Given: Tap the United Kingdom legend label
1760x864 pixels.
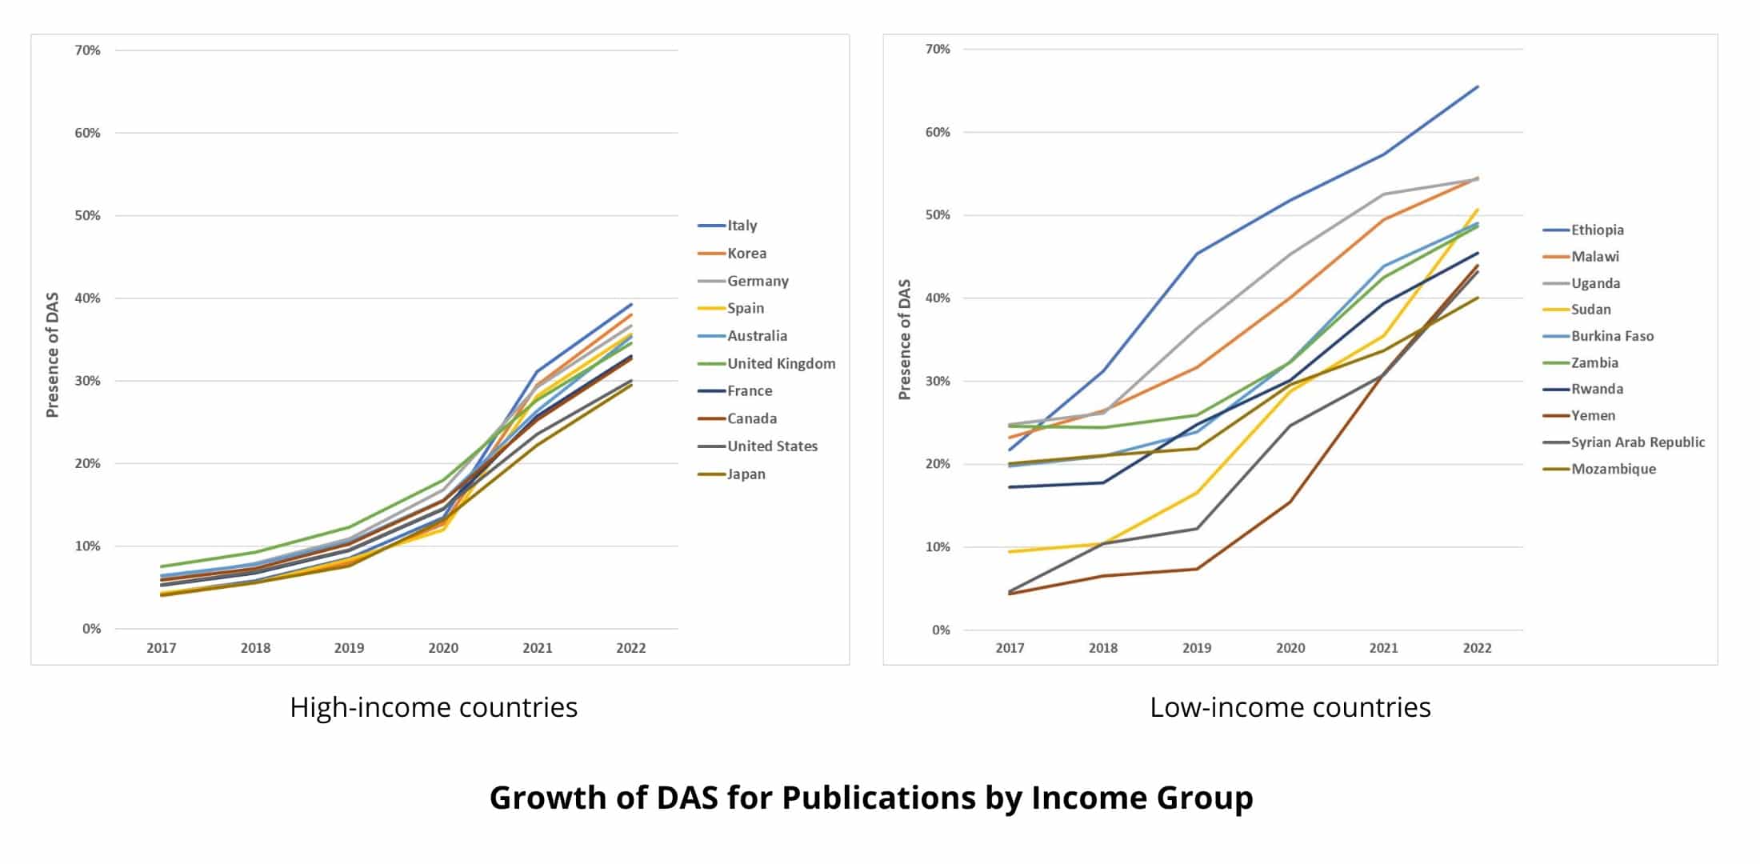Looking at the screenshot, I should (781, 363).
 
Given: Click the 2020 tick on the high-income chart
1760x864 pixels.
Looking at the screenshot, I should (443, 648).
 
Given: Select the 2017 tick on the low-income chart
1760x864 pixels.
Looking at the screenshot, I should (1010, 648).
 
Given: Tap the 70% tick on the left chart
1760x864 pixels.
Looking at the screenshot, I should (88, 50).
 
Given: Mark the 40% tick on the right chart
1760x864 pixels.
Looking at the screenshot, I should (937, 298).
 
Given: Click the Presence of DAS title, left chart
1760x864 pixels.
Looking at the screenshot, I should (53, 354).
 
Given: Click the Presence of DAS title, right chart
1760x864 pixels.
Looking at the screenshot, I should (905, 339).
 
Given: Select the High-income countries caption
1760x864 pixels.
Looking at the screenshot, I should (434, 707).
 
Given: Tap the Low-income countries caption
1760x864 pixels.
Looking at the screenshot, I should (1290, 707).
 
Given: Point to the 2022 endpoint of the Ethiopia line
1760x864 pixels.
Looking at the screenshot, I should (1477, 86).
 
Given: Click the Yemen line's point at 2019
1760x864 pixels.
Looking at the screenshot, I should (1197, 569).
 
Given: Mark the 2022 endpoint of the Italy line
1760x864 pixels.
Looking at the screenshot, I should (631, 304).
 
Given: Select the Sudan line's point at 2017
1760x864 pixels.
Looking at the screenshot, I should (1010, 552).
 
